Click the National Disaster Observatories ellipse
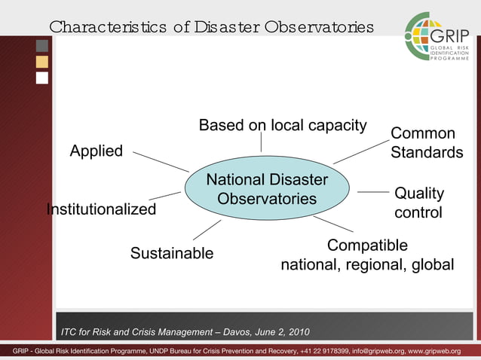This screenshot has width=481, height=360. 267,189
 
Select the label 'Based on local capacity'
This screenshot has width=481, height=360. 282,125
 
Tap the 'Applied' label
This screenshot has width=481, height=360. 96,151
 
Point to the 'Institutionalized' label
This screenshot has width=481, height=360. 102,209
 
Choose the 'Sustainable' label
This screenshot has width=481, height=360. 172,253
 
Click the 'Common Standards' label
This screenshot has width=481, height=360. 426,143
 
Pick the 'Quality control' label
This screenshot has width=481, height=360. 418,203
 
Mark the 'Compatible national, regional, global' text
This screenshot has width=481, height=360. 367,255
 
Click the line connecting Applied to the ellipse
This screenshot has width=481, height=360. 161,160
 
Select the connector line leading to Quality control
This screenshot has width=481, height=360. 372,192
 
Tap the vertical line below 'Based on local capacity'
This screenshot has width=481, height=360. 261,142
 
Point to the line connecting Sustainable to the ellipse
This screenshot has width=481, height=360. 207,230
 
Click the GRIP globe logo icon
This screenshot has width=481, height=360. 422,36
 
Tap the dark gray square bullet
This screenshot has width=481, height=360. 42,46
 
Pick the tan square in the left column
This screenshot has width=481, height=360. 42,62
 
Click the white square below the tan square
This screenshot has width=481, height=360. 42,78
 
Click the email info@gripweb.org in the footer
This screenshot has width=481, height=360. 378,352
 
